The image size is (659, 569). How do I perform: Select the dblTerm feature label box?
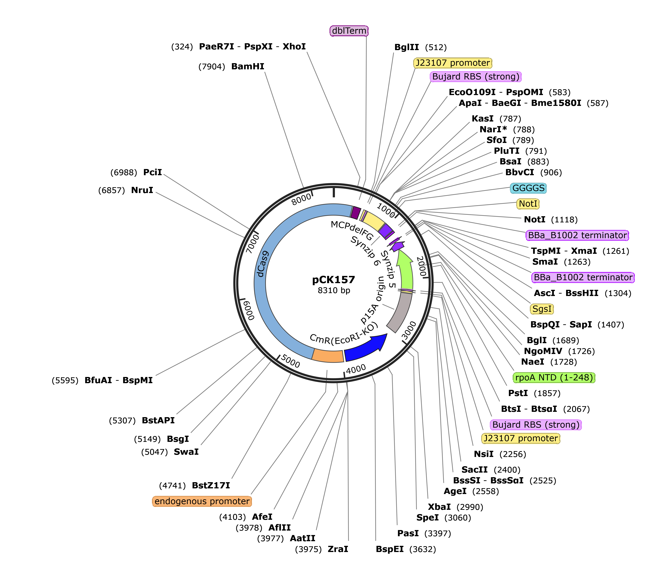(349, 31)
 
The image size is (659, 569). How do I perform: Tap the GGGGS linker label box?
(528, 188)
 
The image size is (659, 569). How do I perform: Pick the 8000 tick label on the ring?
(302, 199)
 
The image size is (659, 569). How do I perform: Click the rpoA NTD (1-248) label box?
(554, 378)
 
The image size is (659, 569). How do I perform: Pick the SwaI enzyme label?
(186, 452)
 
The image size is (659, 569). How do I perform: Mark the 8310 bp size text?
(334, 290)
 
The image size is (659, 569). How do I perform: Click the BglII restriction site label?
(407, 47)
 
